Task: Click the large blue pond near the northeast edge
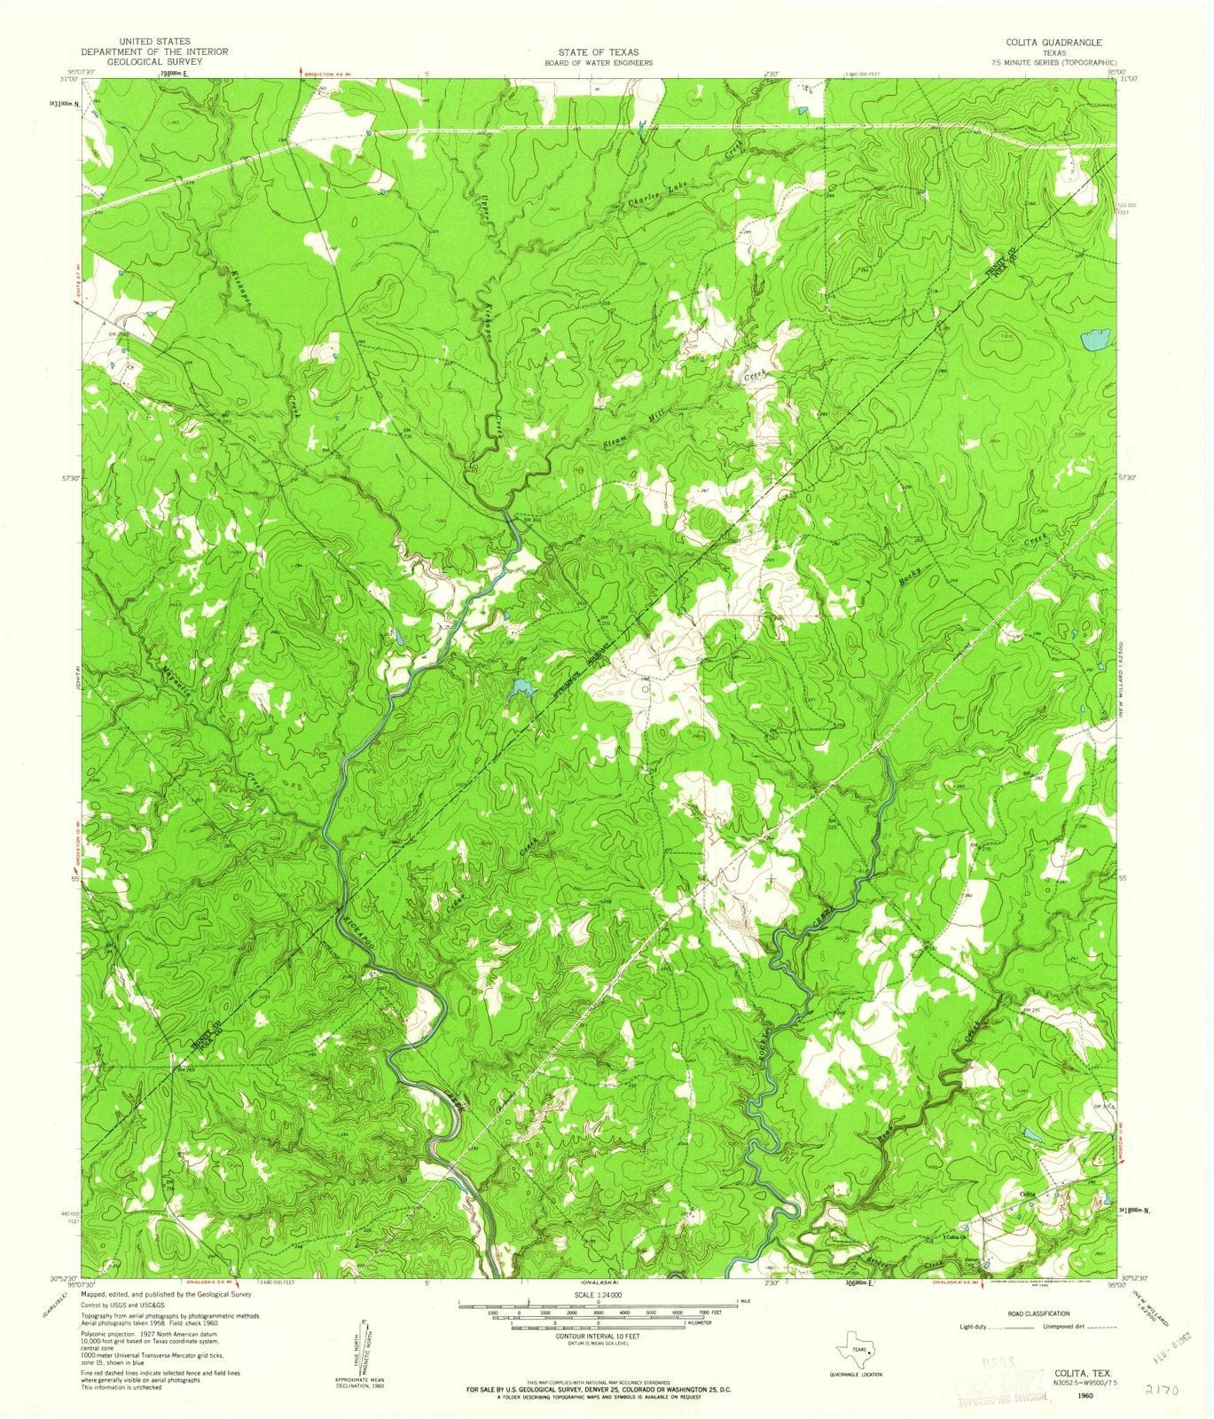[x=1096, y=340]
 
